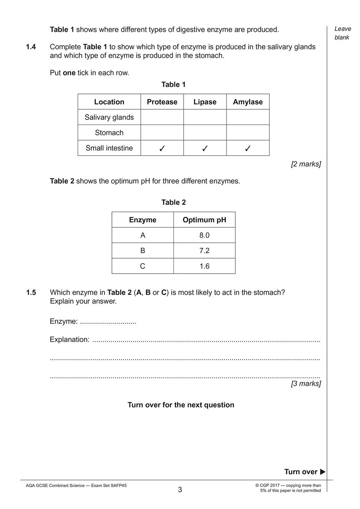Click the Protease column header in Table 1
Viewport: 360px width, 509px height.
click(162, 102)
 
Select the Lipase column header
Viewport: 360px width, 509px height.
click(205, 102)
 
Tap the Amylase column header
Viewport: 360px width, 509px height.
click(248, 102)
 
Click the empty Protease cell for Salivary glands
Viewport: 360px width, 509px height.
click(162, 117)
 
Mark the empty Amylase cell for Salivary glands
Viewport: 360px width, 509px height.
click(248, 117)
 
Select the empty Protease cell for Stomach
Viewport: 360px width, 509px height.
click(162, 132)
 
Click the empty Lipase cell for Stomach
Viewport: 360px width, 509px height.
click(205, 132)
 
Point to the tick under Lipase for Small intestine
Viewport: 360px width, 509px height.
click(205, 148)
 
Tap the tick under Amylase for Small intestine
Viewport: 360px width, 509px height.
click(248, 148)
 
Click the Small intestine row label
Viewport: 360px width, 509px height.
click(109, 148)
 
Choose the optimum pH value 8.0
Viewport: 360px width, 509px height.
click(204, 235)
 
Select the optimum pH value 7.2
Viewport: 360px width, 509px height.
click(204, 250)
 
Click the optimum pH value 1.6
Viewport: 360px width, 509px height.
click(204, 266)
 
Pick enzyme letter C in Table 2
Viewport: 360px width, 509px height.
click(142, 266)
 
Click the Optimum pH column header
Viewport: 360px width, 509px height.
click(204, 220)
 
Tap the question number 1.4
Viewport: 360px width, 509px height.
click(31, 47)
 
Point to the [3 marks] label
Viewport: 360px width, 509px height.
click(306, 383)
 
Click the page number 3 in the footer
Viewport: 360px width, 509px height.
click(180, 490)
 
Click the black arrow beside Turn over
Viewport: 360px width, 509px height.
click(323, 472)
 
